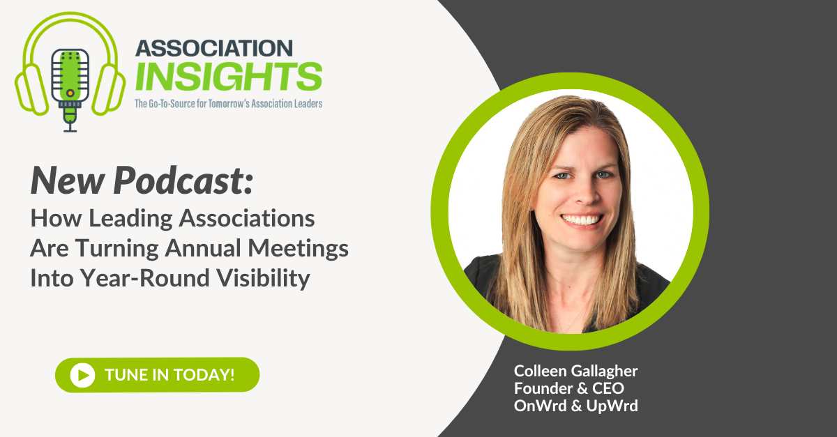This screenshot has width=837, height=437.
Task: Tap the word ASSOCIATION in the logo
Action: [213, 49]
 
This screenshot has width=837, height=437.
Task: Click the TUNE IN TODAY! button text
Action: [169, 374]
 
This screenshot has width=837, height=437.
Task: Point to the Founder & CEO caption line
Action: [560, 388]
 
